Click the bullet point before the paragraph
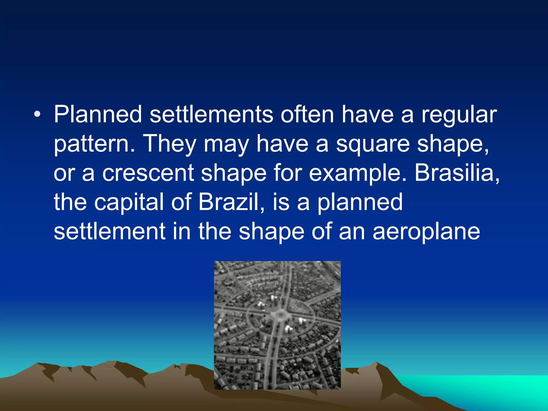37,115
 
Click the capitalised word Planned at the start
98,115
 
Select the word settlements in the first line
211,115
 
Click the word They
170,144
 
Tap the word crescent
148,173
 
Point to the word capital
129,203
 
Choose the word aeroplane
426,232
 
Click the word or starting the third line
64,173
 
